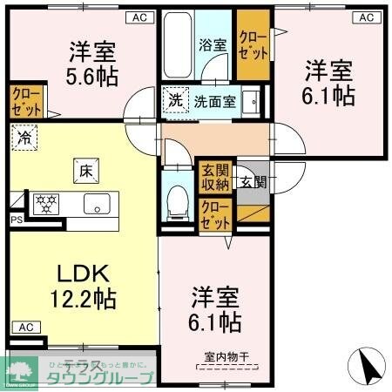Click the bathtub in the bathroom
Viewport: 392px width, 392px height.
tap(177, 45)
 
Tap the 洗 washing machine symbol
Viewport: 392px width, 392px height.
tap(175, 100)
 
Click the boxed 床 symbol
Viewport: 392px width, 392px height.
tap(87, 172)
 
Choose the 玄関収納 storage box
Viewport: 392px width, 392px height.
tap(214, 178)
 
